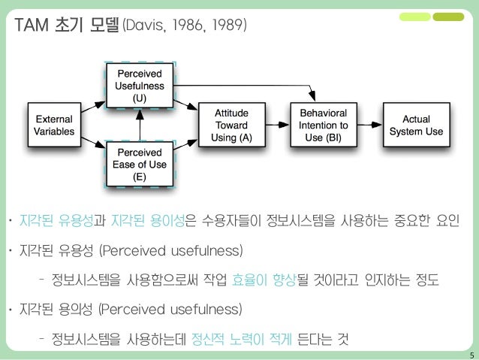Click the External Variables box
[54, 125]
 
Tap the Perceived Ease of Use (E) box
[140, 164]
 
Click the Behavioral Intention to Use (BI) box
[323, 125]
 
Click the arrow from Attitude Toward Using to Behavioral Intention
[276, 125]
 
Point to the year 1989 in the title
[227, 28]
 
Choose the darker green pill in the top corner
[449, 16]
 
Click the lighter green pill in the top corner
[415, 16]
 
